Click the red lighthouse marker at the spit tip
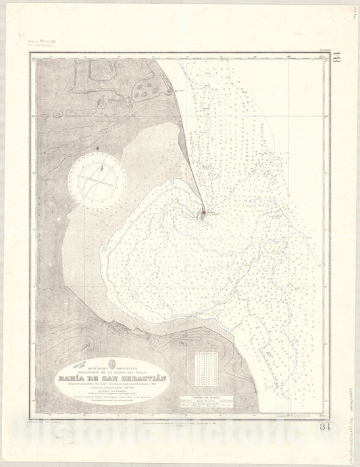pos(202,214)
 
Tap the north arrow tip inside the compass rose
pos(103,157)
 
